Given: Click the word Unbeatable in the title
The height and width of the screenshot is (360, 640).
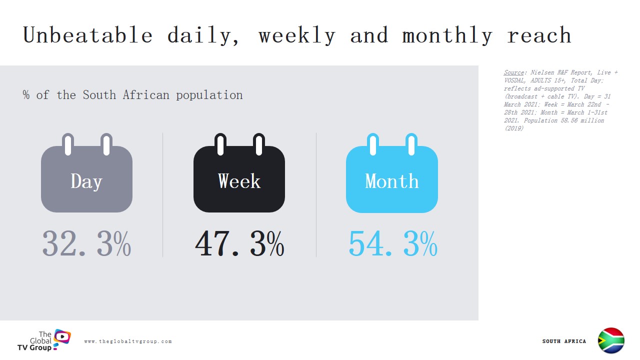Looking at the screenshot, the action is click(x=87, y=35).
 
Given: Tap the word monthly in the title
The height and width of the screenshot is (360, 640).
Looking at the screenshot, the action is click(x=447, y=35).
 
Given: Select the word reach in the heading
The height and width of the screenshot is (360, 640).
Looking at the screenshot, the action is click(x=539, y=35).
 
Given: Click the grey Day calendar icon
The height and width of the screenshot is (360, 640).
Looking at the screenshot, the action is click(x=86, y=172).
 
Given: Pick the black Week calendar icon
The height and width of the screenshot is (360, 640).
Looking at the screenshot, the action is click(x=239, y=172).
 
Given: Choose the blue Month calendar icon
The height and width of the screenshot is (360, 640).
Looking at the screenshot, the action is click(x=391, y=172).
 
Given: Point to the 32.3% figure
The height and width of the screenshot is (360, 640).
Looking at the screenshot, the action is click(x=86, y=243).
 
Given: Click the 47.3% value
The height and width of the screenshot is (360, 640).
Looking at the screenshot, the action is click(x=239, y=243).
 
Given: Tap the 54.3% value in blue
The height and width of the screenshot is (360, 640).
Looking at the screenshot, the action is click(x=393, y=243).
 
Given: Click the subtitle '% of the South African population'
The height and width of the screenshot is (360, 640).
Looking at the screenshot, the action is click(x=133, y=95).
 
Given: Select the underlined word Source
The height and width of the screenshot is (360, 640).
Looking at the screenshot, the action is click(x=513, y=72).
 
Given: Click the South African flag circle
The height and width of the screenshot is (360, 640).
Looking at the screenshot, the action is click(x=611, y=340).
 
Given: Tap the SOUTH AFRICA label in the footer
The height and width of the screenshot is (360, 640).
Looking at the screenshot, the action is click(x=564, y=341).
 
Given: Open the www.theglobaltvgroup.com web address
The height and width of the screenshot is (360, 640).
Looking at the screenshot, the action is click(x=128, y=341).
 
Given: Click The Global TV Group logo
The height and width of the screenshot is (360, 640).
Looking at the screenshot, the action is click(x=44, y=340).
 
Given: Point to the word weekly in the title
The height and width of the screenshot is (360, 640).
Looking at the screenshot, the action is click(x=297, y=35).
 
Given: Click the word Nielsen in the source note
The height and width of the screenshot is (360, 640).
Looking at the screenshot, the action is click(x=541, y=72).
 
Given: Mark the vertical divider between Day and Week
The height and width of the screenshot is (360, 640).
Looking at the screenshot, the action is click(x=163, y=195).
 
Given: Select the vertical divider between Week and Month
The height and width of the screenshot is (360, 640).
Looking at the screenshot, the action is click(x=316, y=195).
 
